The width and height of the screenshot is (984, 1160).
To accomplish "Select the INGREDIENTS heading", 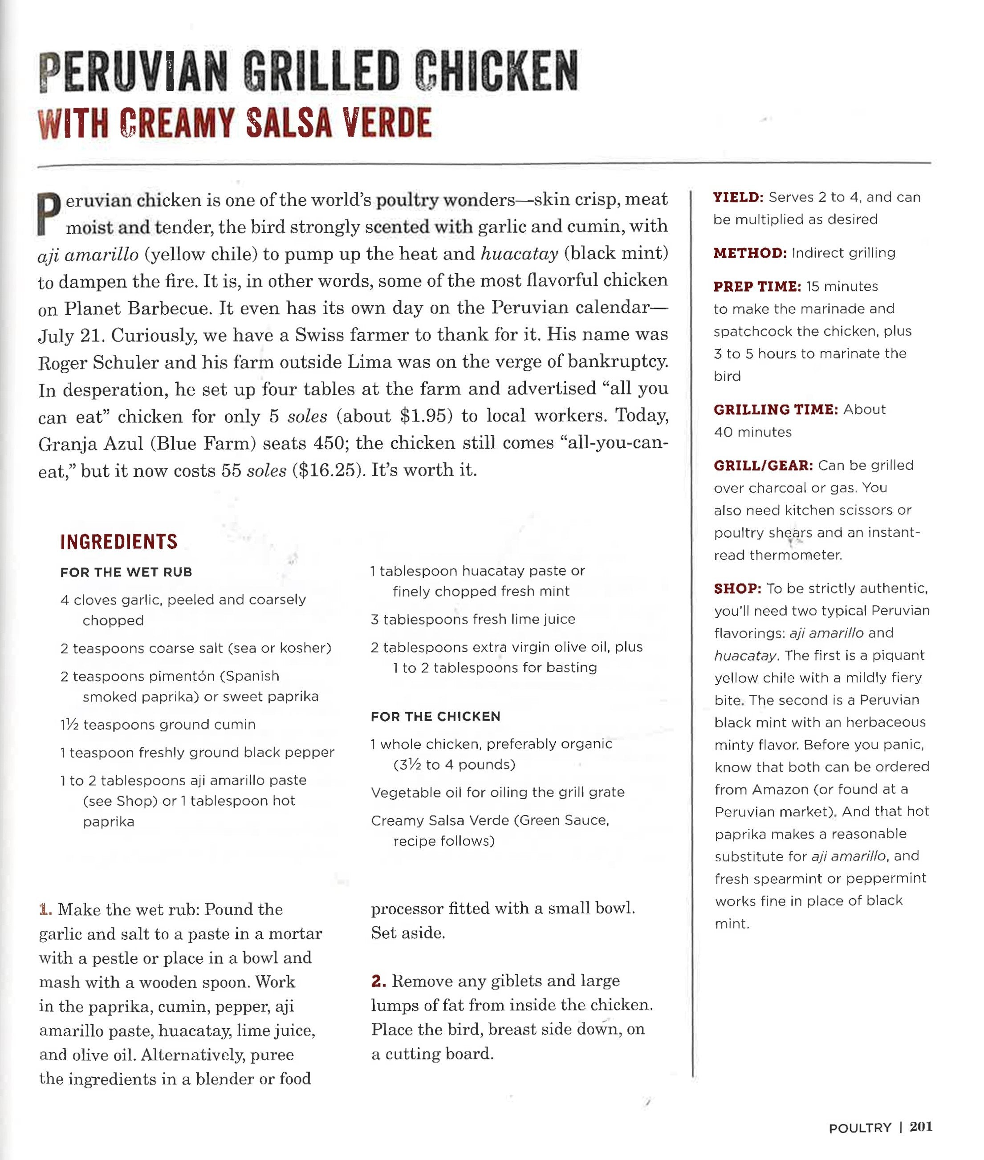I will pos(118,542).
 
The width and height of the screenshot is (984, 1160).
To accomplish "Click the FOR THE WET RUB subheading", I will pos(126,572).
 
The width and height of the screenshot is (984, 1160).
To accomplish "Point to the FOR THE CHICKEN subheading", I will pos(435,717).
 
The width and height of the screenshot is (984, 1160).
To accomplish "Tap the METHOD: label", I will pos(750,253).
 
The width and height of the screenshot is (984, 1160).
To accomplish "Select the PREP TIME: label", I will pos(757,287).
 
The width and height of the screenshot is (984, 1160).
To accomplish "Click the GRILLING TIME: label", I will pos(775,410).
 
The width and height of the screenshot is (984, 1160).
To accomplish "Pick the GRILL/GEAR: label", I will pos(763,465).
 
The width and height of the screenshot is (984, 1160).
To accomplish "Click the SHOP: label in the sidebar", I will pos(737,588).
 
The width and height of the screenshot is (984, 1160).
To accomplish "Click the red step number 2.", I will pos(378,981).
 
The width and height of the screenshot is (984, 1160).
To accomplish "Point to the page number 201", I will pos(921,1127).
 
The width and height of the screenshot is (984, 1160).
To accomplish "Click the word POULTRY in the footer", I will pos(860,1128).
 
